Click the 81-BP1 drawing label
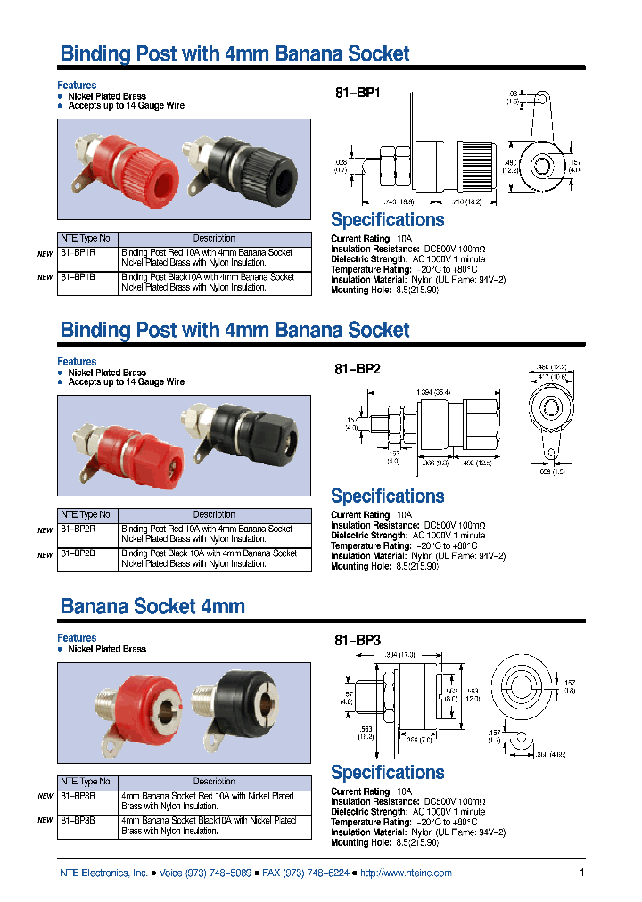(357, 92)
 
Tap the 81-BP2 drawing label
(357, 368)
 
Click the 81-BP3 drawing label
(357, 640)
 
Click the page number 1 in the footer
(581, 873)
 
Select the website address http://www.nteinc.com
(406, 873)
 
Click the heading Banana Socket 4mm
(152, 607)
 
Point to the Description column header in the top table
(214, 239)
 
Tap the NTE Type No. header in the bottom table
(87, 782)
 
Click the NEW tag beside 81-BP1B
(45, 277)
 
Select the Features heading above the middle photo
(77, 362)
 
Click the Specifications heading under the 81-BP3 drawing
(387, 773)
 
